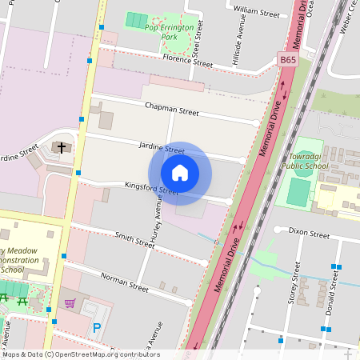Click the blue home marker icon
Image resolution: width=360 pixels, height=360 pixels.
(180, 173)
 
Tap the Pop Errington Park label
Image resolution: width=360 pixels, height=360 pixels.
(170, 32)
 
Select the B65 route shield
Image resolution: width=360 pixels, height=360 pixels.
(288, 59)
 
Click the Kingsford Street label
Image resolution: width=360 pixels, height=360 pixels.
(151, 190)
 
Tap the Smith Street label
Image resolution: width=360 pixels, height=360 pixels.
(134, 239)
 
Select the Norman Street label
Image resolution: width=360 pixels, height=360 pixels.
(124, 281)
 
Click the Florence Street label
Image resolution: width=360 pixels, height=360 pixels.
(187, 61)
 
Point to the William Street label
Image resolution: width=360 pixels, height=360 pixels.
(256, 13)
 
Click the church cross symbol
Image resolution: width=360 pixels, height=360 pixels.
(61, 147)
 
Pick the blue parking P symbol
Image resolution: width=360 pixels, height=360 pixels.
(97, 326)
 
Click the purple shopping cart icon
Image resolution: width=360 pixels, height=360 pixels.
(70, 303)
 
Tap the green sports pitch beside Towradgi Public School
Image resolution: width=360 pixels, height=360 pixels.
(298, 191)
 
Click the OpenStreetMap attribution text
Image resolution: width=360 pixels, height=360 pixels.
(80, 354)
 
